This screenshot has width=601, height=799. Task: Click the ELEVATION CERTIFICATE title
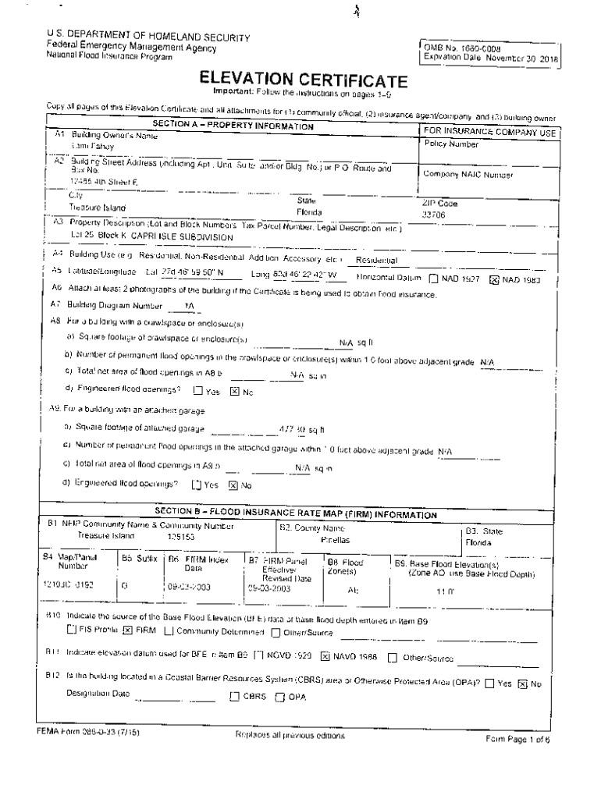[x=303, y=80]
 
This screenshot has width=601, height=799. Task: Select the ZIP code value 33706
[x=434, y=214]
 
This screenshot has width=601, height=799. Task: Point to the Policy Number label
[x=452, y=144]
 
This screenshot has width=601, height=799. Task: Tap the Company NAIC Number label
[x=468, y=175]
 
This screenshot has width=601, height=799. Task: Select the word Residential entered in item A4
[x=376, y=260]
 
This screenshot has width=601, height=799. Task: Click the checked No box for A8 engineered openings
[x=233, y=392]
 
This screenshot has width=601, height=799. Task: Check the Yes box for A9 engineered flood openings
[x=197, y=485]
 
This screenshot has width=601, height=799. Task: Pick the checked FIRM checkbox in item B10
[x=127, y=630]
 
